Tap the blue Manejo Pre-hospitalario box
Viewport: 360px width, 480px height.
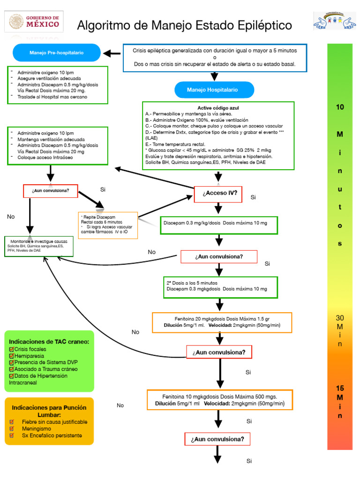point(57,53)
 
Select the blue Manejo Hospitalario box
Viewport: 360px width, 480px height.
point(214,90)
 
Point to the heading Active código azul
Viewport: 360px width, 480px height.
point(218,108)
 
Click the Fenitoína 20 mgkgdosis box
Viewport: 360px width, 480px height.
point(222,322)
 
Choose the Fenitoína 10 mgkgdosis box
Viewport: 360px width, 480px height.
point(219,399)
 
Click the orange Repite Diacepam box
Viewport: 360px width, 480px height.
point(108,225)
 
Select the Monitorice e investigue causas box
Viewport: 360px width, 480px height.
point(39,246)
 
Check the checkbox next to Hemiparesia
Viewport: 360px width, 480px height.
point(12,356)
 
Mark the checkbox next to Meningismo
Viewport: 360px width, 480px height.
point(12,428)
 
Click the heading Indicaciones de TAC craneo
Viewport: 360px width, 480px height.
point(49,342)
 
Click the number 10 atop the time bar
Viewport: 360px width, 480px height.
point(340,107)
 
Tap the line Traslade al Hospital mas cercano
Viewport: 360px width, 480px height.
point(52,97)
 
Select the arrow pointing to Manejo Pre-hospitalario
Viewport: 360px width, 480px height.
point(112,53)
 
